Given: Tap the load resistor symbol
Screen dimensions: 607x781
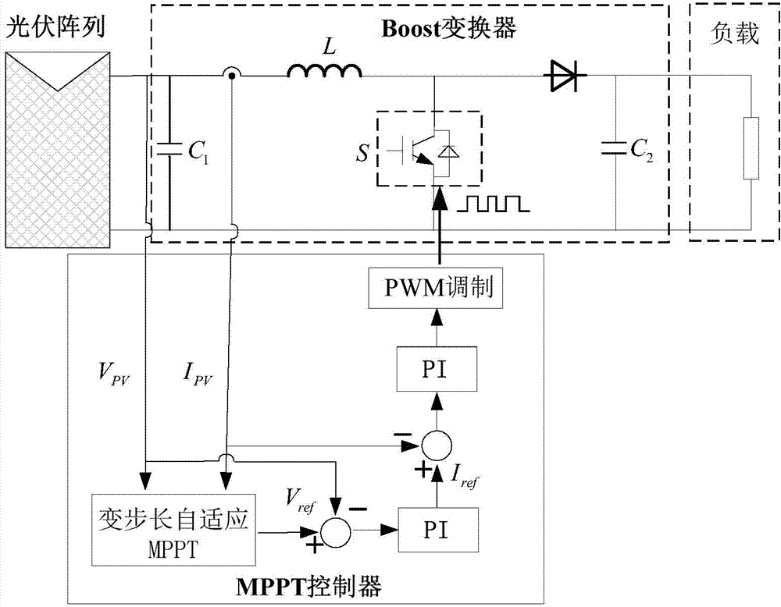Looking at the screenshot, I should [751, 148].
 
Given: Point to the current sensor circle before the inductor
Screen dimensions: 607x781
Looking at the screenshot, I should [232, 76].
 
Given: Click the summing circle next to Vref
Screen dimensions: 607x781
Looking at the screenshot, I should [337, 530].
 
